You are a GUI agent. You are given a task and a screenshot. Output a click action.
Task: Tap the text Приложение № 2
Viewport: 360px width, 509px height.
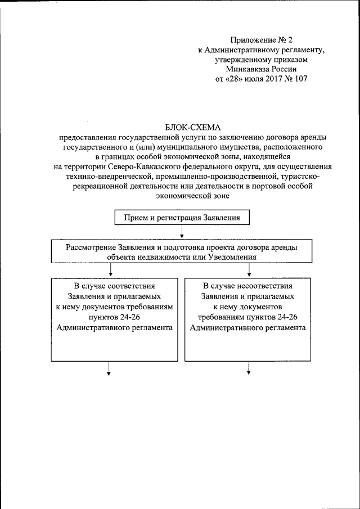click(262, 39)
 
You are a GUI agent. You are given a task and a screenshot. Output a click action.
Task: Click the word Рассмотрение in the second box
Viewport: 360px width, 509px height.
click(91, 247)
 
